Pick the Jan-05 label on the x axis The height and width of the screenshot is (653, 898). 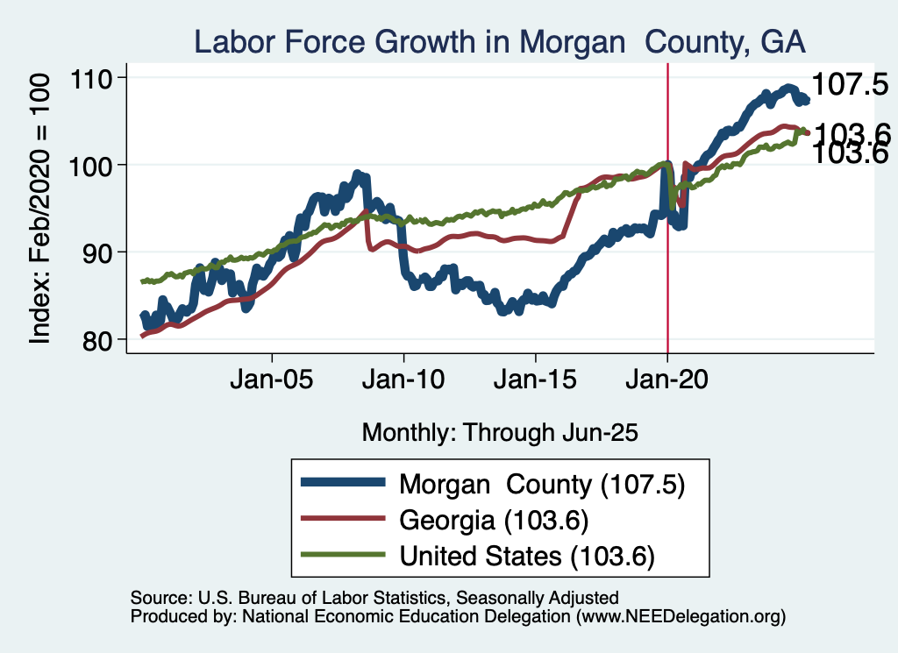pos(272,382)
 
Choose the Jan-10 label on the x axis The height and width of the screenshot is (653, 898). pos(404,382)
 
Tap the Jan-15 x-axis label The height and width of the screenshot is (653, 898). pos(536,382)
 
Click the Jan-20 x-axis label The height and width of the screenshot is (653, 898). pos(668,382)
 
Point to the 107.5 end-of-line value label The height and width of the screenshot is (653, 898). pos(850,85)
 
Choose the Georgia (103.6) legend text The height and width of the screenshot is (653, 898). pos(493,520)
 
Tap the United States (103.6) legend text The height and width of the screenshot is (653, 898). pos(527,556)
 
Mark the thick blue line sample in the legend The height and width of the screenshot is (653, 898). pos(342,483)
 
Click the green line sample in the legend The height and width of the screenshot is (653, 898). pos(342,555)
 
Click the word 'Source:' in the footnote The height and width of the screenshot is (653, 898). pos(158,598)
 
